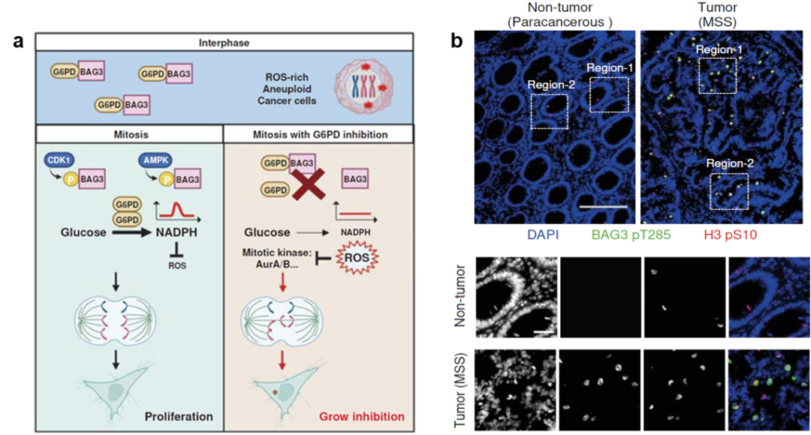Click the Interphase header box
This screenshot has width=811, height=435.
click(x=225, y=42)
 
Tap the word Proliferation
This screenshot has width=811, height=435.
click(x=180, y=416)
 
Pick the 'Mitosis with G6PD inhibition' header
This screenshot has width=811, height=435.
click(x=319, y=135)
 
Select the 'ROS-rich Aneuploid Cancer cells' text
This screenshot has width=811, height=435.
click(x=287, y=88)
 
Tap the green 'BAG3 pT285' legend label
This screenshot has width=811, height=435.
click(x=631, y=234)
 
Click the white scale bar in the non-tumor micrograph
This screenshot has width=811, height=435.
click(x=603, y=205)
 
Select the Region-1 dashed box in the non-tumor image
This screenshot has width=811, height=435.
click(x=609, y=93)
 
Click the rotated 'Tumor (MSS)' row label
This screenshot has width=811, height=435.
click(x=459, y=390)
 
